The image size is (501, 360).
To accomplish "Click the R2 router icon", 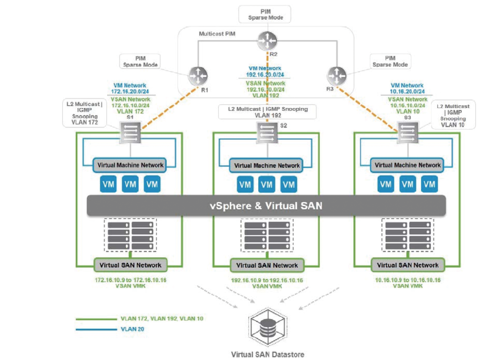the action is pos(268,41).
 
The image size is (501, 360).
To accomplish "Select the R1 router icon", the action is pos(198,76).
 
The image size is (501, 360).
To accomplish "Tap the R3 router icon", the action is pos(337,76).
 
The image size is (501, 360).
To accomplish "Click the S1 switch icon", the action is pos(130,132).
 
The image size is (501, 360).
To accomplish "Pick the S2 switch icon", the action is pos(267,133).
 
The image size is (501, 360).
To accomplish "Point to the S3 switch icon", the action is pos(408,133).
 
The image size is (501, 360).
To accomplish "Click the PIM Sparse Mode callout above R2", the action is pos(265,14).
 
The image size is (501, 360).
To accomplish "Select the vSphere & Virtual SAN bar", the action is pos(266,206).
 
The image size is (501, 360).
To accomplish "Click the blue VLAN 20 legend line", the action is pos(96,329).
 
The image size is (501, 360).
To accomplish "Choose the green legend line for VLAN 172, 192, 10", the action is pos(96,319).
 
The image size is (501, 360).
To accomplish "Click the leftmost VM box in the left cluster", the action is pos(108,184).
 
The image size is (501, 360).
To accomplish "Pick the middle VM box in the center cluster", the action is pos(267,185).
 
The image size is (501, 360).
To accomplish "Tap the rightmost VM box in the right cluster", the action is pos(429,184).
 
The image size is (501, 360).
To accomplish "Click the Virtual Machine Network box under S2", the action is pos(267,166).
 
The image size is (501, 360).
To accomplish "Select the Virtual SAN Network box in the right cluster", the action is pos(408,265).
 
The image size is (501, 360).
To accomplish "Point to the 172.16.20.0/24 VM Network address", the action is pos(130,91).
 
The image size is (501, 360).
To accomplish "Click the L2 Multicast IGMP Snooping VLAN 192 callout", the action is pos(268,112).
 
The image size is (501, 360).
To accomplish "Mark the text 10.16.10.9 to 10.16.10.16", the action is pos(408,280).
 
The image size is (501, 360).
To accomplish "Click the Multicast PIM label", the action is pos(217,34).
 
